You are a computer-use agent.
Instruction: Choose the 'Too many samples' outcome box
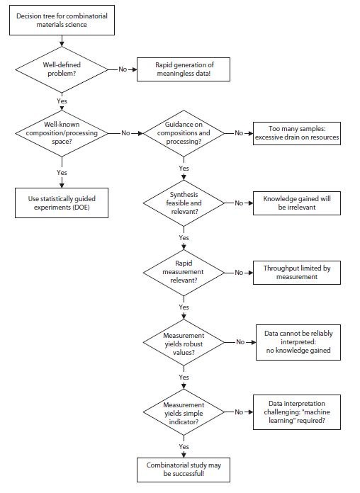tap(298, 133)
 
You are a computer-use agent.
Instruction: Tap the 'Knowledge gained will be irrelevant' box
tap(297, 203)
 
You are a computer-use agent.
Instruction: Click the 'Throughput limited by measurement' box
tap(297, 273)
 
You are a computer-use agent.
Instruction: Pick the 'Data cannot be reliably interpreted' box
tap(298, 341)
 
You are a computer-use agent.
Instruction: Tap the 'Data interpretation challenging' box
tap(298, 412)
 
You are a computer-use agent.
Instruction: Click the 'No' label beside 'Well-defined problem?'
tap(123, 69)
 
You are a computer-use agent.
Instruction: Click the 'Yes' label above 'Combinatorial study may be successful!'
tap(184, 447)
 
